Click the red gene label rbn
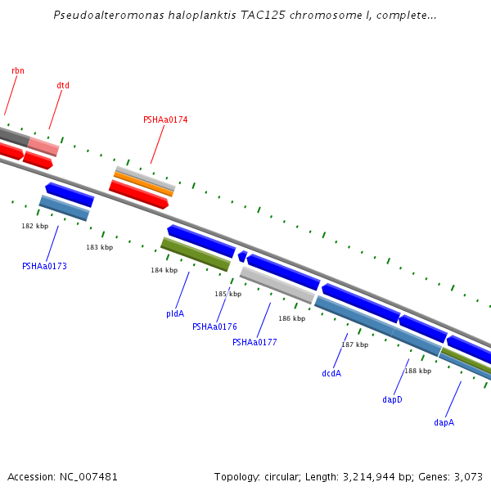click(x=18, y=71)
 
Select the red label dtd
click(x=63, y=86)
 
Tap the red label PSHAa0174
click(x=165, y=120)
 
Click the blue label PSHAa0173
click(x=44, y=266)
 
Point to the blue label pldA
click(x=175, y=313)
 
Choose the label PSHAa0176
click(x=214, y=327)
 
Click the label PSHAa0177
click(x=255, y=343)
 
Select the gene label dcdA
click(x=331, y=373)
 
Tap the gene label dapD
click(x=393, y=400)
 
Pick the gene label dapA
click(x=444, y=423)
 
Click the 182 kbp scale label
click(x=34, y=226)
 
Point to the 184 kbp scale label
click(x=164, y=270)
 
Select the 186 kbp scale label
click(x=291, y=319)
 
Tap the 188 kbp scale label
click(x=417, y=372)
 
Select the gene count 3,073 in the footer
click(x=468, y=476)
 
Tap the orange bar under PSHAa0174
click(x=143, y=184)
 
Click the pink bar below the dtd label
click(x=43, y=146)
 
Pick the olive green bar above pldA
click(x=196, y=255)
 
